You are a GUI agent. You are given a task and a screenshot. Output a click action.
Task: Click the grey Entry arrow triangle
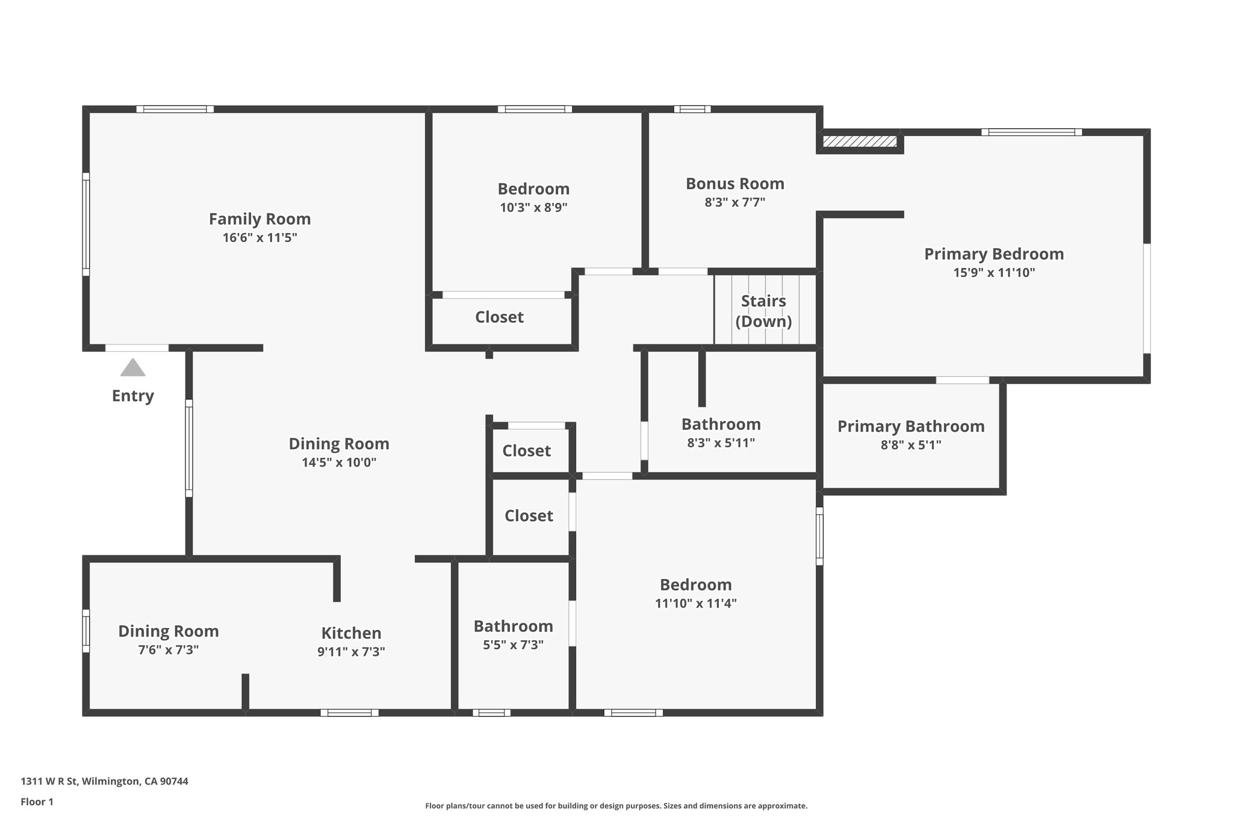(132, 368)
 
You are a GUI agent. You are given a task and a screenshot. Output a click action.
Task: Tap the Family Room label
(259, 219)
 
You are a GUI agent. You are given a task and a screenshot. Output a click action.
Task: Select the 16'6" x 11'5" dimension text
(259, 238)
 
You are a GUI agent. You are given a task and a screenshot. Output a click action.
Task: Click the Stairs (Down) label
(763, 311)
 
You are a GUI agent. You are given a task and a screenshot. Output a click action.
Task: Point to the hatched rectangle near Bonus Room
(859, 142)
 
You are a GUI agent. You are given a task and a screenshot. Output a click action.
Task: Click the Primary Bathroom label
(910, 426)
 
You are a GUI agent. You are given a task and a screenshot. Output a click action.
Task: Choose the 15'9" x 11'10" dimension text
(993, 273)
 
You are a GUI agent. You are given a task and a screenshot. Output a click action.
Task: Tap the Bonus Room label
(735, 184)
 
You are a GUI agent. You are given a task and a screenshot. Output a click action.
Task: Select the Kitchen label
(351, 633)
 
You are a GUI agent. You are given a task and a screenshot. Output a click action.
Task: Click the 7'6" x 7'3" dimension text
(168, 650)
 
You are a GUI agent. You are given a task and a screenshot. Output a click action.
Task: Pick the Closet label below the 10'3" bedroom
(499, 317)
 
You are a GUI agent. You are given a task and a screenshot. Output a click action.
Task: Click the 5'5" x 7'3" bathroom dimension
(513, 645)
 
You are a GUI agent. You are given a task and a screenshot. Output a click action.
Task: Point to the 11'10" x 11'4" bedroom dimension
(695, 603)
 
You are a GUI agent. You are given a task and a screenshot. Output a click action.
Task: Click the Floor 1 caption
(37, 802)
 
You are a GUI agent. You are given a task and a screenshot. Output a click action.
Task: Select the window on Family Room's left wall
(86, 224)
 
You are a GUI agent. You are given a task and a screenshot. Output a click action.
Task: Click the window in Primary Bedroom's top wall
(1031, 132)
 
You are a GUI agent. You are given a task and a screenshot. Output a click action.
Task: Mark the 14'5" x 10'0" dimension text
(339, 462)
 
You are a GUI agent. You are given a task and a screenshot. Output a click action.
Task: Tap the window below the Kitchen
(349, 712)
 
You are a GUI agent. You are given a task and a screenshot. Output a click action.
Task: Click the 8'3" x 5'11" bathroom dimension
(721, 443)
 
